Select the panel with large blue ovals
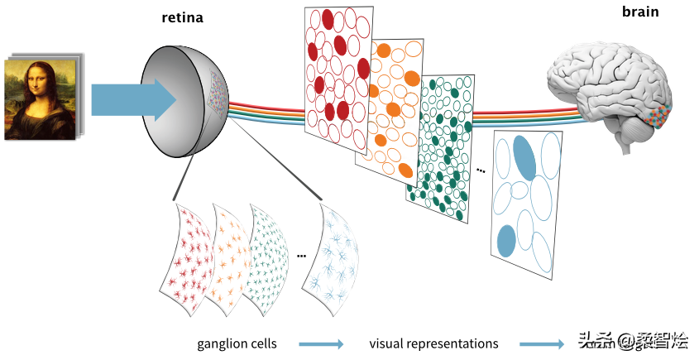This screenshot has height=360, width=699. point(526,203)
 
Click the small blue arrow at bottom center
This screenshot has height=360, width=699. point(321,343)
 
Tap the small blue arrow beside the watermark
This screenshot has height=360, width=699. point(542,343)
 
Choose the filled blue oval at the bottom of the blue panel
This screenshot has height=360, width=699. point(506,241)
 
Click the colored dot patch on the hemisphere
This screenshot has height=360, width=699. point(219,91)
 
